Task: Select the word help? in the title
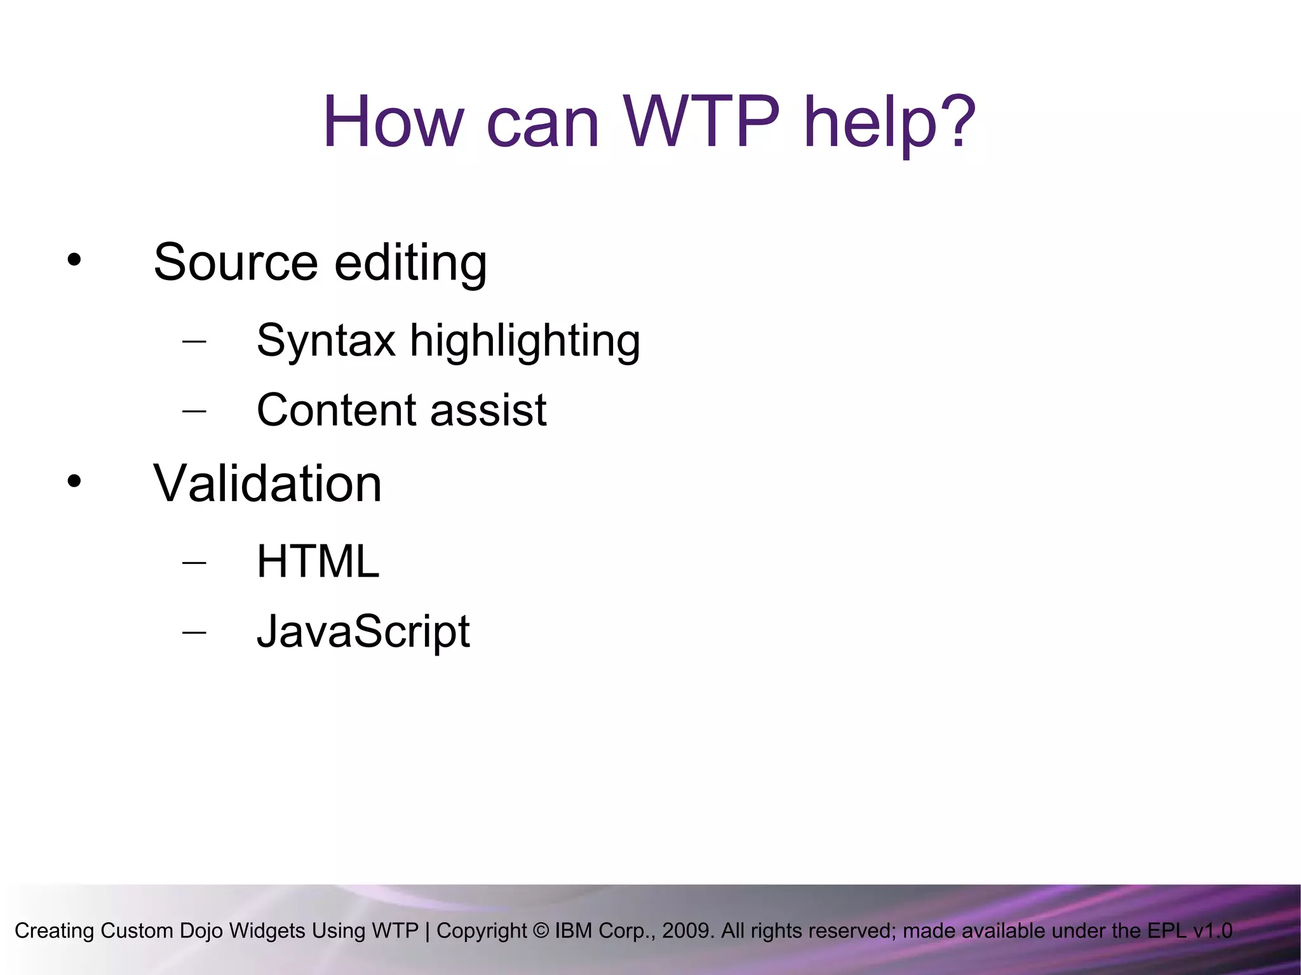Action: click(889, 122)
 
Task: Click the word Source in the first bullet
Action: click(236, 262)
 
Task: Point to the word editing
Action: click(410, 263)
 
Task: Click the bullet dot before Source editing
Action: click(74, 260)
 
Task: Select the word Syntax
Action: click(326, 341)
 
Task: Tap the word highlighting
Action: click(525, 342)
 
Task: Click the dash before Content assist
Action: click(194, 410)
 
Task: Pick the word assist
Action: click(488, 410)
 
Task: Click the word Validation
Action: click(267, 483)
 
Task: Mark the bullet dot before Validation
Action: click(74, 481)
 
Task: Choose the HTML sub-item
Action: click(318, 561)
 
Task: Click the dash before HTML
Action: click(194, 562)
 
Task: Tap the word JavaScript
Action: click(363, 631)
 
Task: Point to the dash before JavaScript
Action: click(194, 632)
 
